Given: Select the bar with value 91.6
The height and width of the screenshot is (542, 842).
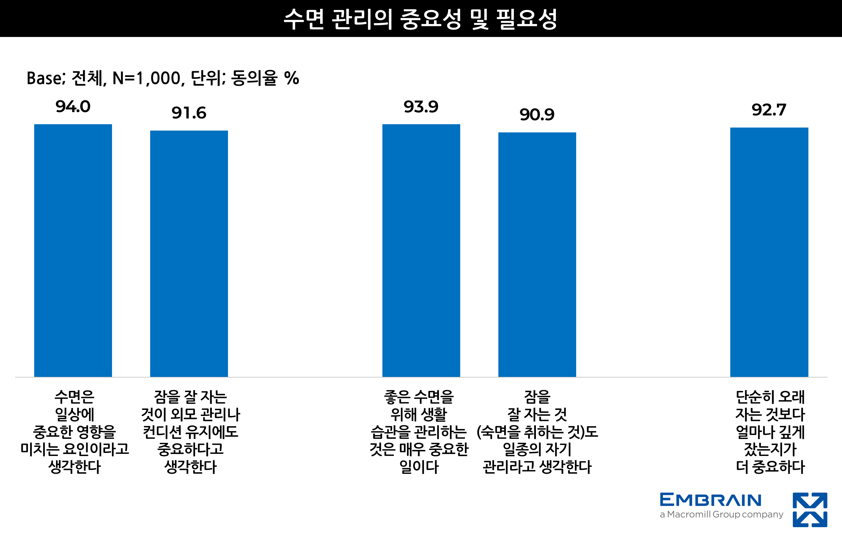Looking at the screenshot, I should pos(189,253).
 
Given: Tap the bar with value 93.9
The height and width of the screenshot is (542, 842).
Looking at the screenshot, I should pos(421,250).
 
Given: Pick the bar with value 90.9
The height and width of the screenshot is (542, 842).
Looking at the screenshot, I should pos(537,254).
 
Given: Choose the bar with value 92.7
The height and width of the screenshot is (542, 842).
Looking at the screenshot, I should pos(769,252).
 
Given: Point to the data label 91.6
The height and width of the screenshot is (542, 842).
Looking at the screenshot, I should pos(189,113).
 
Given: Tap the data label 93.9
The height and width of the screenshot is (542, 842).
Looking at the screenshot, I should pos(421,107).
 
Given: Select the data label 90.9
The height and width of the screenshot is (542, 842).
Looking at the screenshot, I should pos(537,115).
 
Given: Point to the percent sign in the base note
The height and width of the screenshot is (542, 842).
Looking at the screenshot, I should pos(292,78).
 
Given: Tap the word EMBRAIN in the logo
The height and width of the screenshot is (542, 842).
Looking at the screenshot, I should pos(711,500).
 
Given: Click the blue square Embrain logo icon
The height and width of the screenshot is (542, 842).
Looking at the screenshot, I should pos(810,510).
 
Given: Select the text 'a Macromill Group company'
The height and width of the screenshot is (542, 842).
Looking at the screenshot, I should pos(721,514).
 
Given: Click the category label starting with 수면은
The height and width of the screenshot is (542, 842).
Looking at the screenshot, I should pos(74,432).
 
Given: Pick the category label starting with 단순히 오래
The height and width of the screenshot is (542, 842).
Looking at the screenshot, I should pos(770,432).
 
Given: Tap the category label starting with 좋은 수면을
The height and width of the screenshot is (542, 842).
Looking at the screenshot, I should pos(419,432).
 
